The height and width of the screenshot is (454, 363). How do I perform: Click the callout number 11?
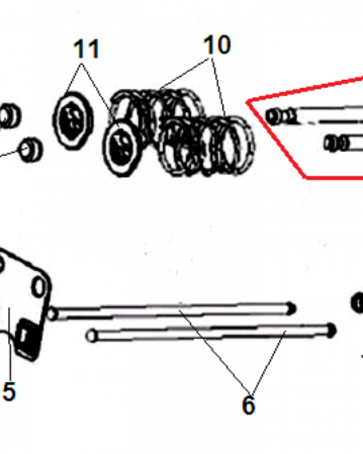[x=87, y=49]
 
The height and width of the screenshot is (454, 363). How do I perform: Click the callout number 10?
[x=217, y=44]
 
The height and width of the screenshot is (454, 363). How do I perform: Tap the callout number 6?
[x=248, y=405]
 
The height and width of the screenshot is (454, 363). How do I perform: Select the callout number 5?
[x=9, y=391]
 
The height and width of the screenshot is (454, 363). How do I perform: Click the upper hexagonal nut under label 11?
[x=73, y=120]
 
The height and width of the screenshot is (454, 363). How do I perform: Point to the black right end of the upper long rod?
[x=291, y=309]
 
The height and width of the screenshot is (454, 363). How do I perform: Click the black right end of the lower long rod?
[x=331, y=330]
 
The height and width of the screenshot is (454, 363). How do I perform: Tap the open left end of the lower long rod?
[x=92, y=336]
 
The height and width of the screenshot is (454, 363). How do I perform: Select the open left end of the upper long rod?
[x=52, y=314]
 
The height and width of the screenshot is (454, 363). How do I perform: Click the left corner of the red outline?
[x=247, y=102]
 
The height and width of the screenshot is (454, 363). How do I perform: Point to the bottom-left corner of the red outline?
[x=305, y=177]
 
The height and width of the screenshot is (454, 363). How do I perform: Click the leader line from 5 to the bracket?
[x=10, y=345]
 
